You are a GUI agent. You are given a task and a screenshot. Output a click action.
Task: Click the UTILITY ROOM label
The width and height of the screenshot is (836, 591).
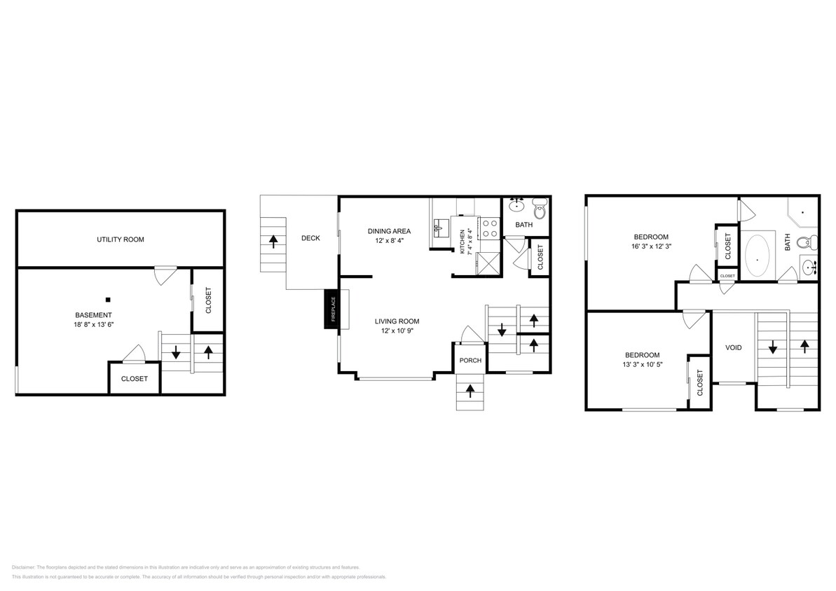pyautogui.click(x=121, y=239)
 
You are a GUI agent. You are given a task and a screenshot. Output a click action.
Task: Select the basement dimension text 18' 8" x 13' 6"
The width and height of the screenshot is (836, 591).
pyautogui.click(x=95, y=324)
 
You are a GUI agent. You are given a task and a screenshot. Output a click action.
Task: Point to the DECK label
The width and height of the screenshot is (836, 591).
pyautogui.click(x=310, y=238)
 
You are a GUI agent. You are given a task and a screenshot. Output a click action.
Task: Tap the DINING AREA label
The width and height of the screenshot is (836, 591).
pyautogui.click(x=389, y=231)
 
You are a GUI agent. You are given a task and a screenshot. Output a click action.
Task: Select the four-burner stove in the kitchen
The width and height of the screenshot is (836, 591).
pyautogui.click(x=488, y=228)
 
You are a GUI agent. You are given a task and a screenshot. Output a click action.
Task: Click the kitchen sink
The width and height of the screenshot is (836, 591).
pyautogui.click(x=440, y=227)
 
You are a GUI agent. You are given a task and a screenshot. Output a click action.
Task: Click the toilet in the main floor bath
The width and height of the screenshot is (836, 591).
pyautogui.click(x=540, y=208)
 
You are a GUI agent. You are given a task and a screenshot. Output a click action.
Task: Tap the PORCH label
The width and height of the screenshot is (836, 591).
pyautogui.click(x=470, y=361)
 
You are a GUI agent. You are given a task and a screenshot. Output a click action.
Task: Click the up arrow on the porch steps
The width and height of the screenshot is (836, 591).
pyautogui.click(x=470, y=391)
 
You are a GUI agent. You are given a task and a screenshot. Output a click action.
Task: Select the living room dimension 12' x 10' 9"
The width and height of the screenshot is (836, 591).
pyautogui.click(x=397, y=331)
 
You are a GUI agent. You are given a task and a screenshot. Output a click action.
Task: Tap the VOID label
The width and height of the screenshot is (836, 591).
pyautogui.click(x=733, y=347)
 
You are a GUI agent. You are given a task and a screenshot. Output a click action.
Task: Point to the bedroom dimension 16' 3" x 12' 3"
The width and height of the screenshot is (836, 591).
pyautogui.click(x=651, y=246)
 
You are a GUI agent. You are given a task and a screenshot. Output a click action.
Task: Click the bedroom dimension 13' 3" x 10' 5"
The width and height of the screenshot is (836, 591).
pyautogui.click(x=641, y=365)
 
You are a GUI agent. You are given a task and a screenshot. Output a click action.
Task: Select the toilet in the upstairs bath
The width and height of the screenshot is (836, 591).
pyautogui.click(x=806, y=243)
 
